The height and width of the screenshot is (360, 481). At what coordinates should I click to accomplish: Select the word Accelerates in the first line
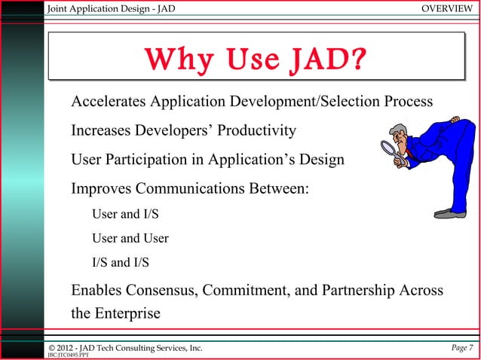[x=108, y=102]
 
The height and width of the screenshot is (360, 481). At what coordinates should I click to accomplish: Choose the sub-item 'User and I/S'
[x=125, y=215]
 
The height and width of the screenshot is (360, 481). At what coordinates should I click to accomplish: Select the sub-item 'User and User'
[x=130, y=239]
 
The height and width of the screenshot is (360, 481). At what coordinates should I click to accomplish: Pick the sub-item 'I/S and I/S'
[x=120, y=263]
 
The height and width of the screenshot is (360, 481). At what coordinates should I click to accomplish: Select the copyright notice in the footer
[x=125, y=347]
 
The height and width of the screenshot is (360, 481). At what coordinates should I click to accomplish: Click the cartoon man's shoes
[x=449, y=213]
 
